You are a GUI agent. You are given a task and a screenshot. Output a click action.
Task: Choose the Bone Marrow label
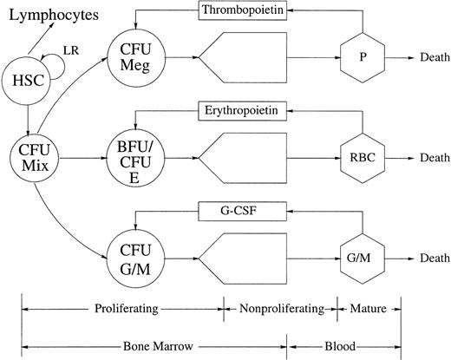[x=156, y=344]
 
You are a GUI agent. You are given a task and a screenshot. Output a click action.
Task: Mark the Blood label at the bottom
[x=344, y=344]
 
